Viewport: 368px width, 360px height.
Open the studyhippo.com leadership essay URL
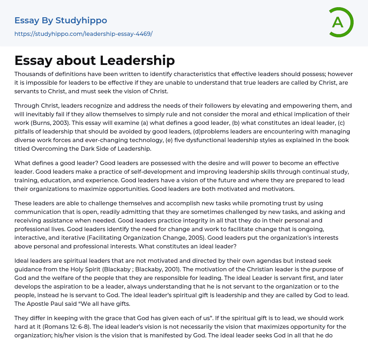pos(83,34)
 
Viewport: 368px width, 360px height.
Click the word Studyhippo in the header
pos(81,20)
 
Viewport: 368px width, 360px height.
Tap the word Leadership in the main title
pos(137,60)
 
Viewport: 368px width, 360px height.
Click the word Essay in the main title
pos(33,60)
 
